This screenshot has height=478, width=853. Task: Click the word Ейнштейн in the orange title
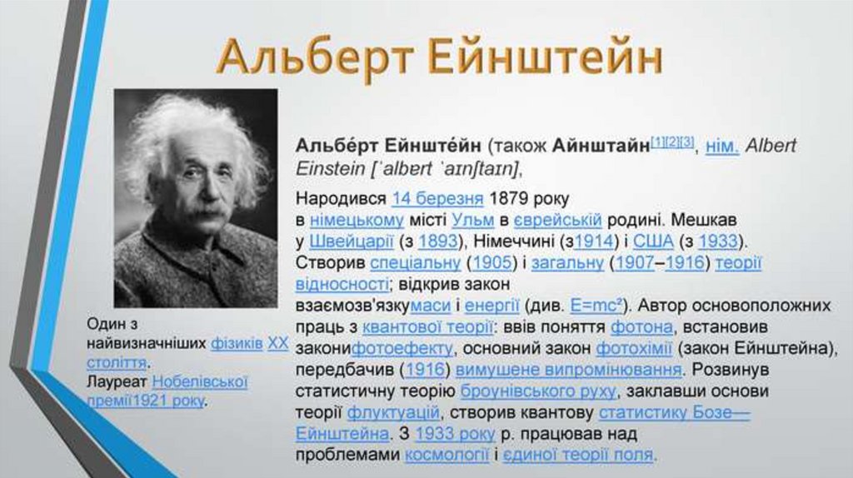546,56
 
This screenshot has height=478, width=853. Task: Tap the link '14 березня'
437,198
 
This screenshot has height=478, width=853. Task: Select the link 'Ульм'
473,220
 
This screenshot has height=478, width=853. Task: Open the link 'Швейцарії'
351,241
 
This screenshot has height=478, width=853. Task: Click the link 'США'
653,241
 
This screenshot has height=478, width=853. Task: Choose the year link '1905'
492,262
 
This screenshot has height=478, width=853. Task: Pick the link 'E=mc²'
596,305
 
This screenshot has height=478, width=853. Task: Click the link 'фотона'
641,326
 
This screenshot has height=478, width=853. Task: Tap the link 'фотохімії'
634,348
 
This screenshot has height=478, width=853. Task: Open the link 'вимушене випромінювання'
568,369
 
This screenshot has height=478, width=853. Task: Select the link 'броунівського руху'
538,391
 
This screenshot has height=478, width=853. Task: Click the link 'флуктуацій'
393,413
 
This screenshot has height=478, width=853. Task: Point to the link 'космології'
447,455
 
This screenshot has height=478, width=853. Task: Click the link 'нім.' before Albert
722,146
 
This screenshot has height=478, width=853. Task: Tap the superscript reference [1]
658,142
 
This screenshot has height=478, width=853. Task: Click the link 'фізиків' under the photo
237,343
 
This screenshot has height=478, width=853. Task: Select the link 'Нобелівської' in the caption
200,381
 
